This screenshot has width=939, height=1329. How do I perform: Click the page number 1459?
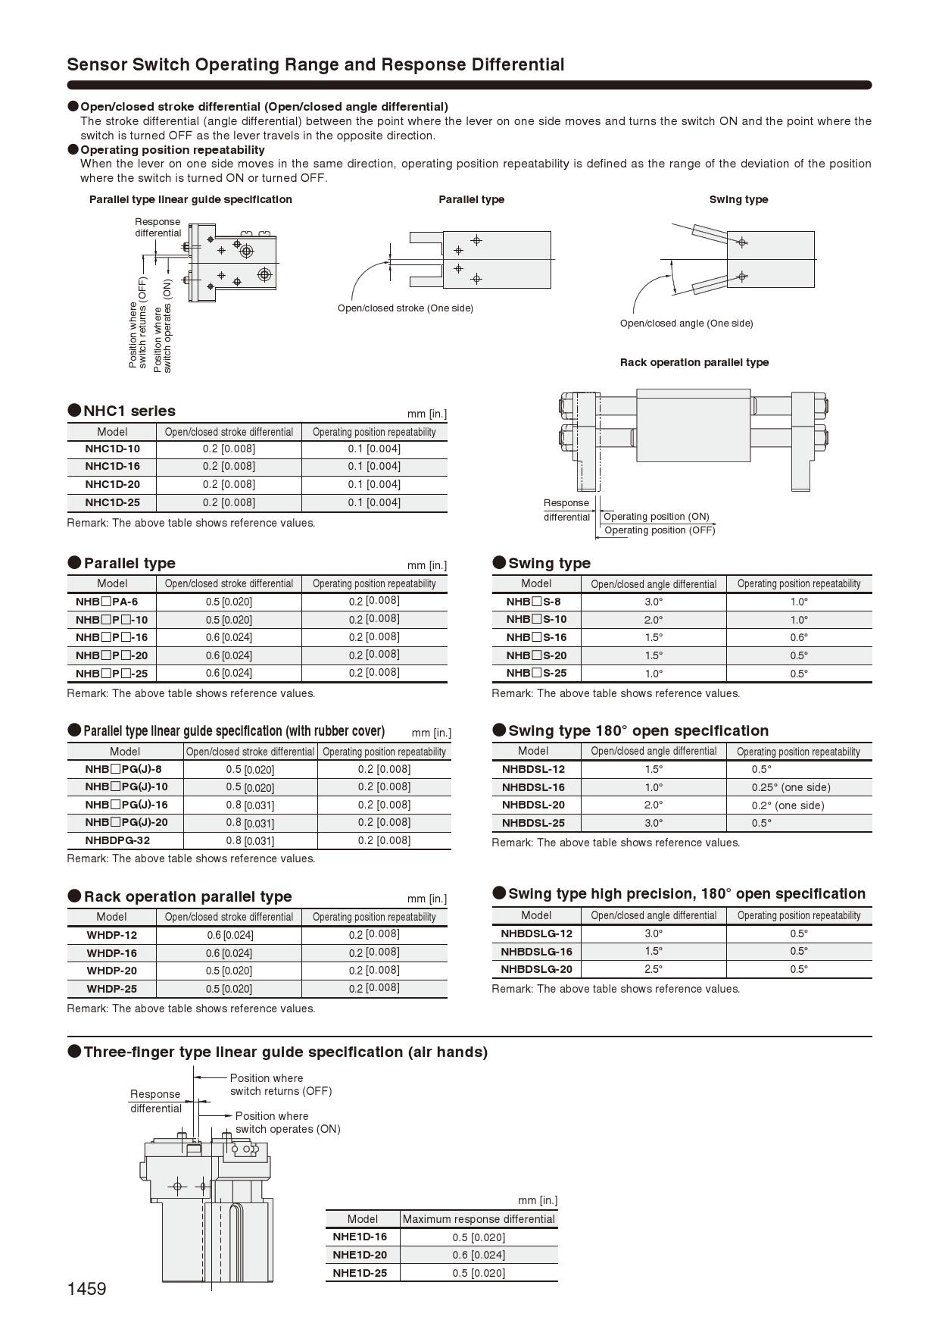pyautogui.click(x=86, y=1289)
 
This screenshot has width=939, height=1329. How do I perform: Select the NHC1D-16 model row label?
pyautogui.click(x=112, y=466)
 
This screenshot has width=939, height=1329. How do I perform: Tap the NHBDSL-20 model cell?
pyautogui.click(x=533, y=805)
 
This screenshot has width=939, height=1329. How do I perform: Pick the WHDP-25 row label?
pyautogui.click(x=111, y=989)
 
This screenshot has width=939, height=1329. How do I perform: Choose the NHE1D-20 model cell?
pyautogui.click(x=360, y=1255)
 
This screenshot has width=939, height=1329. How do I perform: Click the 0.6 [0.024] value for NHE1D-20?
pyautogui.click(x=479, y=1255)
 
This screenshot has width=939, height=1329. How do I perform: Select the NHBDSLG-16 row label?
pyautogui.click(x=536, y=951)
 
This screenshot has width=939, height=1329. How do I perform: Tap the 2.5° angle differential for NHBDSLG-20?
pyautogui.click(x=654, y=969)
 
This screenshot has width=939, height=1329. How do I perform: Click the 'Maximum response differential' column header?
pyautogui.click(x=479, y=1219)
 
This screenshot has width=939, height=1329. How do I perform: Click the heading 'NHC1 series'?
pyautogui.click(x=129, y=411)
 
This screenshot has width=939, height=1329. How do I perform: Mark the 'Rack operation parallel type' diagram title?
pyautogui.click(x=694, y=362)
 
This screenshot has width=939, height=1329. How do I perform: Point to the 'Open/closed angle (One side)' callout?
pyautogui.click(x=686, y=324)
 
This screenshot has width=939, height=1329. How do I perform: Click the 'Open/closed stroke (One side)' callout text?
pyautogui.click(x=405, y=308)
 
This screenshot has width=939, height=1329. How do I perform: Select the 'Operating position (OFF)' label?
pyautogui.click(x=660, y=530)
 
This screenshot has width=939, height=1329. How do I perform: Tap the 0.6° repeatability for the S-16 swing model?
pyautogui.click(x=799, y=637)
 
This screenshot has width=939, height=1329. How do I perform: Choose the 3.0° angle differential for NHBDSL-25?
pyautogui.click(x=654, y=823)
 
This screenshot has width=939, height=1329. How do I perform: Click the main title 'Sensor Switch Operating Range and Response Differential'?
pyautogui.click(x=316, y=65)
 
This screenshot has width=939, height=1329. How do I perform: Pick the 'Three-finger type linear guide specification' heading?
pyautogui.click(x=285, y=1052)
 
